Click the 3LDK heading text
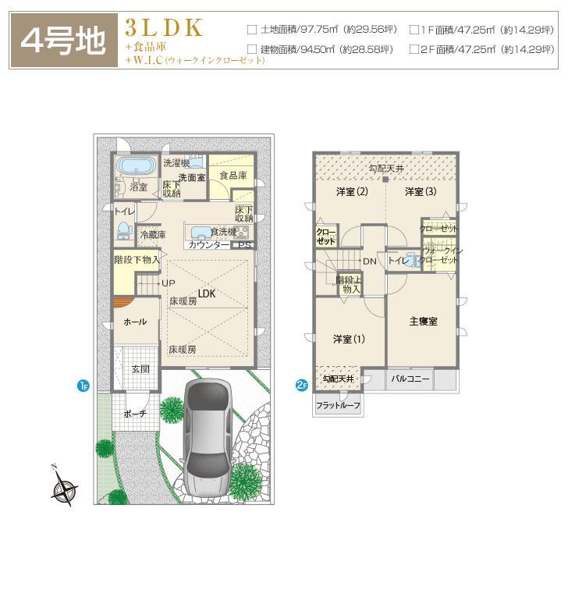(x=164, y=27)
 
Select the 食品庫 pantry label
(x=233, y=176)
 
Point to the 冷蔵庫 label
(x=152, y=233)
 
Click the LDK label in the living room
(x=206, y=294)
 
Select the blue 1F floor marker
(x=83, y=384)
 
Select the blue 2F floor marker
(x=301, y=384)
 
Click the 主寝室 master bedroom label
(x=422, y=322)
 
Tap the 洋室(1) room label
(x=349, y=339)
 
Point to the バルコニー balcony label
(x=410, y=379)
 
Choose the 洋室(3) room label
(x=420, y=192)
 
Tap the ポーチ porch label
(x=135, y=414)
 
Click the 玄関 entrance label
(x=140, y=368)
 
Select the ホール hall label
(x=135, y=322)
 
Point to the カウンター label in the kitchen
(x=208, y=245)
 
